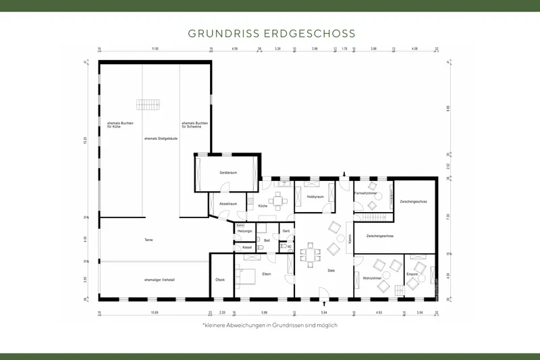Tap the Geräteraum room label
[x=227, y=173]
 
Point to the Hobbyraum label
[x=315, y=197]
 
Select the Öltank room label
[x=220, y=280]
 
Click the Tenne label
[x=148, y=240]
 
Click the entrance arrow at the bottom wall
[x=325, y=303]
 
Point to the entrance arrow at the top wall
[x=344, y=174]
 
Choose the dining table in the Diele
[x=310, y=255]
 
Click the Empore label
[x=412, y=274]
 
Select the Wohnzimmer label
[x=373, y=278]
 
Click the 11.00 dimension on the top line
[x=155, y=49]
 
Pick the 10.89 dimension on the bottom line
[x=154, y=313]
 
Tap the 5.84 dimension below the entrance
[x=324, y=313]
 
